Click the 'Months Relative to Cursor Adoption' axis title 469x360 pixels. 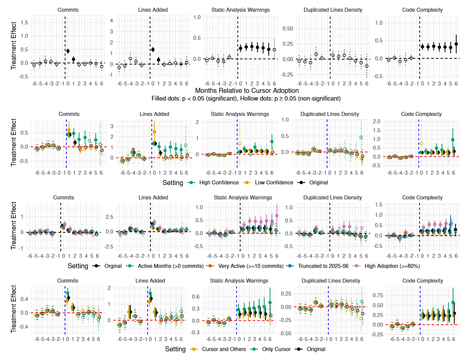247,91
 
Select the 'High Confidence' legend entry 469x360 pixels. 219,183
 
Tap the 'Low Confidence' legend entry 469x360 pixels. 274,183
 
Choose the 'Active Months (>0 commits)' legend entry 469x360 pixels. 170,266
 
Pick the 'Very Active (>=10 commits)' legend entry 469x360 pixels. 251,266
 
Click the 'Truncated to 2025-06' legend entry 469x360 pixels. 323,266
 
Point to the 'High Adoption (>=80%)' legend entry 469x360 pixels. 392,266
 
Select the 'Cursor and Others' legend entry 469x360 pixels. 224,349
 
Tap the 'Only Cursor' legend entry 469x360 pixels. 276,349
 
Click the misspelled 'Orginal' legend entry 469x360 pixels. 113,266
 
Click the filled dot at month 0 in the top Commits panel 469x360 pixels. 68,51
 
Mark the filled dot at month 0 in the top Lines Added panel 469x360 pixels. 153,50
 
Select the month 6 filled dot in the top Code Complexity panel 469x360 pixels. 456,44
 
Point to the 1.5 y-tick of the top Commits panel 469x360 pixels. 24,23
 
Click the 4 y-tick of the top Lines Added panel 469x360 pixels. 112,21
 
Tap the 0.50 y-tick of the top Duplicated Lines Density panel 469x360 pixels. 288,29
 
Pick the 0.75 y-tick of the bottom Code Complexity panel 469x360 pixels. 378,295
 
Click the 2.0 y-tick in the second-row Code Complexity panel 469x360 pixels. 376,122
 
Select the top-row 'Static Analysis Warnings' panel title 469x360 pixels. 240,10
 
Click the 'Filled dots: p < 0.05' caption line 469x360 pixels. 246,99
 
